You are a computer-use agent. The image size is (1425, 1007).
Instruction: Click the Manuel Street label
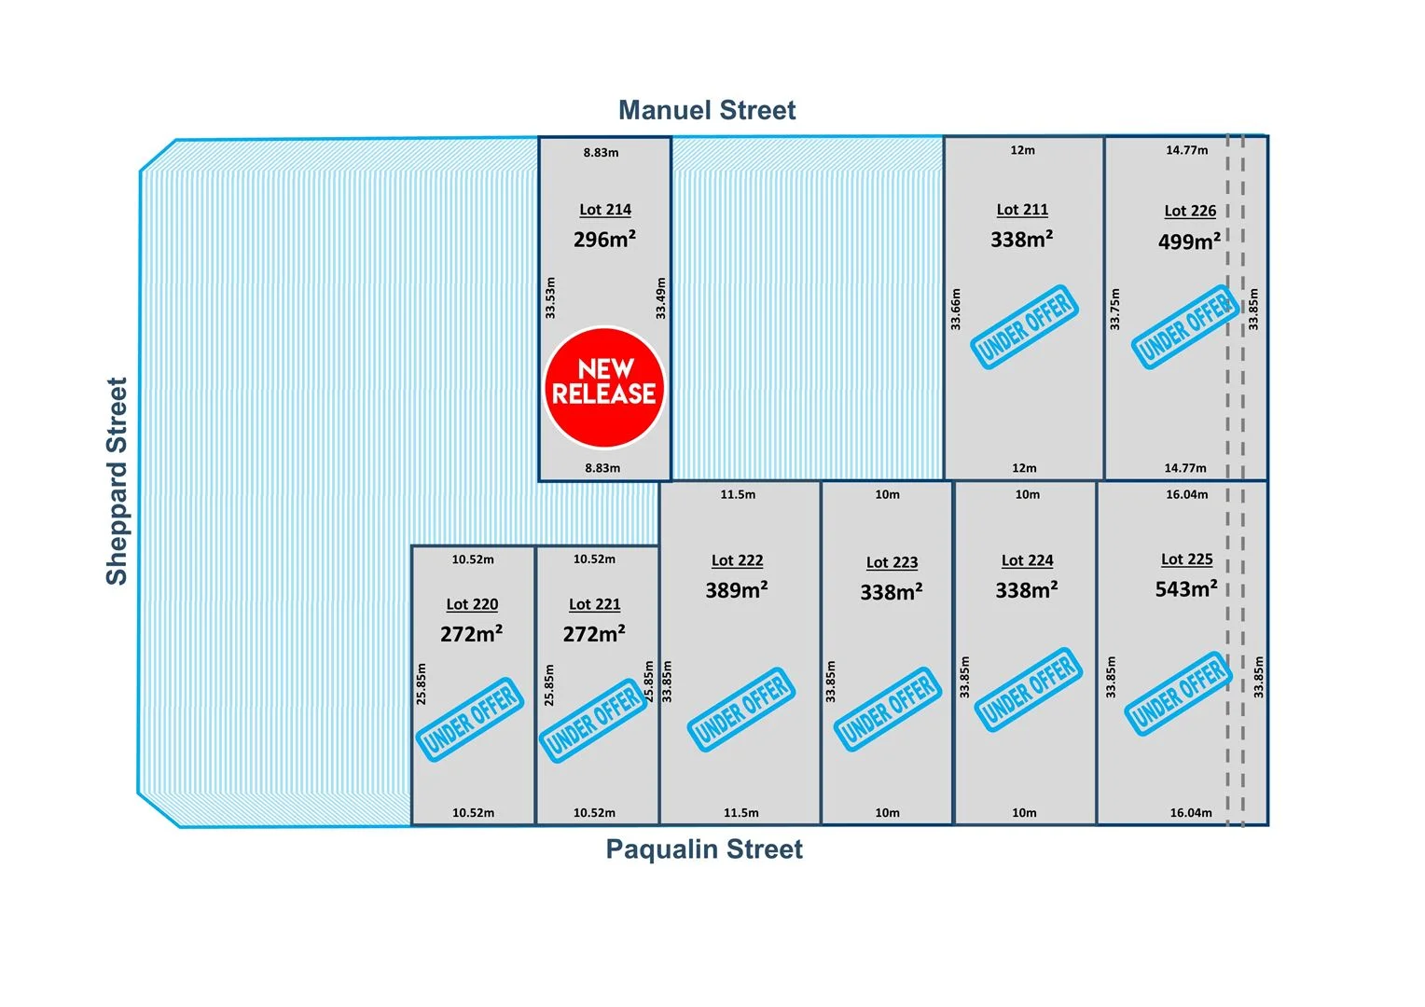tap(707, 110)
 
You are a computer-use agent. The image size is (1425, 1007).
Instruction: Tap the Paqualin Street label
tap(704, 849)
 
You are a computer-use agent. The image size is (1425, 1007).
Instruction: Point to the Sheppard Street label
tap(117, 481)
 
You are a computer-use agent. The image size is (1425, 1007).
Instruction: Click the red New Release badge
tap(604, 387)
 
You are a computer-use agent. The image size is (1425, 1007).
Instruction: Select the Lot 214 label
tap(605, 210)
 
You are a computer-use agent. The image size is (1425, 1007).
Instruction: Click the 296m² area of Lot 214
tap(604, 240)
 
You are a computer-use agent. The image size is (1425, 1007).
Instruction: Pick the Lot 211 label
tap(1022, 210)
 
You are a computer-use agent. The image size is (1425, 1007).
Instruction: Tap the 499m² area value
tap(1189, 242)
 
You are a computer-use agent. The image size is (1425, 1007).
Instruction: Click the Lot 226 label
tap(1190, 211)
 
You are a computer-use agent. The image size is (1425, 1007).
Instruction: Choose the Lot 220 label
tap(472, 604)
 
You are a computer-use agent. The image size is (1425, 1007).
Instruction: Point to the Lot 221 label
tap(594, 604)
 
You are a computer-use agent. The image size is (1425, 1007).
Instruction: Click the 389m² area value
tap(737, 590)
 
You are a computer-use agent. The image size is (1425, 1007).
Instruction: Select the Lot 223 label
tap(892, 562)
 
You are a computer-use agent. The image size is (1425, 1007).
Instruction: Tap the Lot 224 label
tap(1027, 560)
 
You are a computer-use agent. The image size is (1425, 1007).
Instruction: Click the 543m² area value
tap(1186, 589)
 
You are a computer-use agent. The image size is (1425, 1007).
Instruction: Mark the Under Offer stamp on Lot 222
tap(741, 710)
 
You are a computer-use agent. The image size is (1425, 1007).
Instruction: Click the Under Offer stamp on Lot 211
tap(1024, 326)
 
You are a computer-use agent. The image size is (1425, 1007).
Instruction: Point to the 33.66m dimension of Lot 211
tap(956, 310)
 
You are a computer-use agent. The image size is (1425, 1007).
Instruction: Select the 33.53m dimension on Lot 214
tap(550, 297)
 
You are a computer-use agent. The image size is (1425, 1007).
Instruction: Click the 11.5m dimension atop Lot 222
tap(738, 494)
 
